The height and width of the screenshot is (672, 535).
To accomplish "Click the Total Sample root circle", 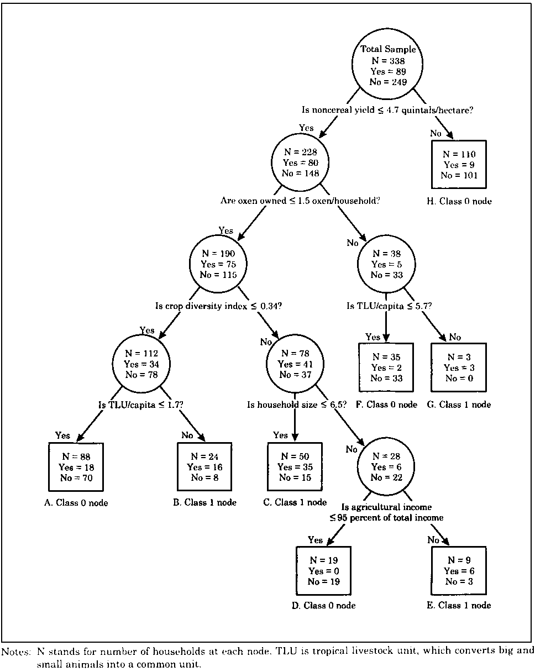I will (388, 66).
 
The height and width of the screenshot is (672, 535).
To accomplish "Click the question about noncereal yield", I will (387, 109).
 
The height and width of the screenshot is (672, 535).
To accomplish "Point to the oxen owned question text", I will (300, 200).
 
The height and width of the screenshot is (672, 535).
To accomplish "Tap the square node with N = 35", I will (386, 368).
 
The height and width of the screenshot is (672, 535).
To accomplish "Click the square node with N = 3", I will (459, 368).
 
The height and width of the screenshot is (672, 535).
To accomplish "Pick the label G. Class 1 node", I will (459, 405).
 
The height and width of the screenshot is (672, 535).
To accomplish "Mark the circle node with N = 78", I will (295, 364).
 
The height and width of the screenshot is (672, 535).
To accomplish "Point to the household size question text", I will (297, 405).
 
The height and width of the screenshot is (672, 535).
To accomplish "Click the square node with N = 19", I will (323, 570).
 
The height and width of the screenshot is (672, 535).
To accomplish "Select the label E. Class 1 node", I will (459, 605).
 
